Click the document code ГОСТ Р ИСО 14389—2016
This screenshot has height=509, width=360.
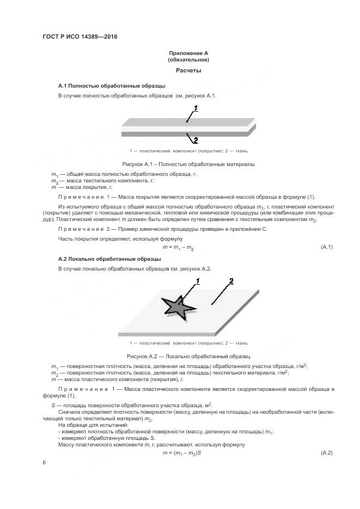pyautogui.click(x=80, y=37)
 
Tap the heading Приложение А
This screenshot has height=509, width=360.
pyautogui.click(x=188, y=53)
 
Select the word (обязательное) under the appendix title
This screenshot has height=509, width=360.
pyautogui.click(x=188, y=59)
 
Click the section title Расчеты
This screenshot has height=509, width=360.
pyautogui.click(x=188, y=71)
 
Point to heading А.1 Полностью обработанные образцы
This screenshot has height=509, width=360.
pyautogui.click(x=112, y=86)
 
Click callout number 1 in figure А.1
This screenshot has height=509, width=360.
pyautogui.click(x=196, y=109)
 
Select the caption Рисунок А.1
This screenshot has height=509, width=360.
pyautogui.click(x=188, y=164)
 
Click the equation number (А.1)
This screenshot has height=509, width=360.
pyautogui.click(x=327, y=248)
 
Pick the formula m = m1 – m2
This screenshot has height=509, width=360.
pyautogui.click(x=178, y=248)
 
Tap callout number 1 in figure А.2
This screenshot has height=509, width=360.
pyautogui.click(x=198, y=281)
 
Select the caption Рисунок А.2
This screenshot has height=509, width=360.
pyautogui.click(x=188, y=355)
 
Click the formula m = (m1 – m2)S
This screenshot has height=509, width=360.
pyautogui.click(x=182, y=453)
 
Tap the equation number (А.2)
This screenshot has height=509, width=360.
pyautogui.click(x=327, y=453)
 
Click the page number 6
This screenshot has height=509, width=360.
pyautogui.click(x=44, y=462)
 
